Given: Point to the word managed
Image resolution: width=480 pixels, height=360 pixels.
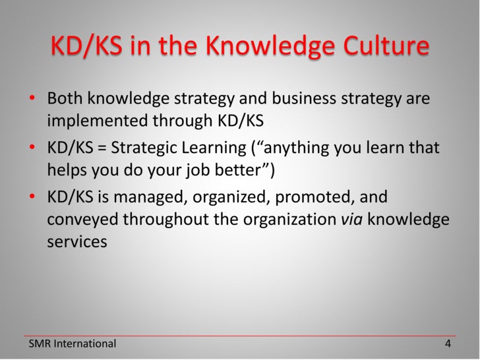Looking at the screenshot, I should [146, 197].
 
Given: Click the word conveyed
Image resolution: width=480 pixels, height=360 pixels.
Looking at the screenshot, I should [82, 220].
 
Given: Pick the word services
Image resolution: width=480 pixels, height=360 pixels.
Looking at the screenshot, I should [76, 241].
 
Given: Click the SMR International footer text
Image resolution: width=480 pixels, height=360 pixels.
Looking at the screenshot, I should [72, 344].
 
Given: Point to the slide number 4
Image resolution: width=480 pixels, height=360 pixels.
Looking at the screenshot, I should [448, 344].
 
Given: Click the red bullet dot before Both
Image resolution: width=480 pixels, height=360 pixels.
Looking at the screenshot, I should [32, 100].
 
